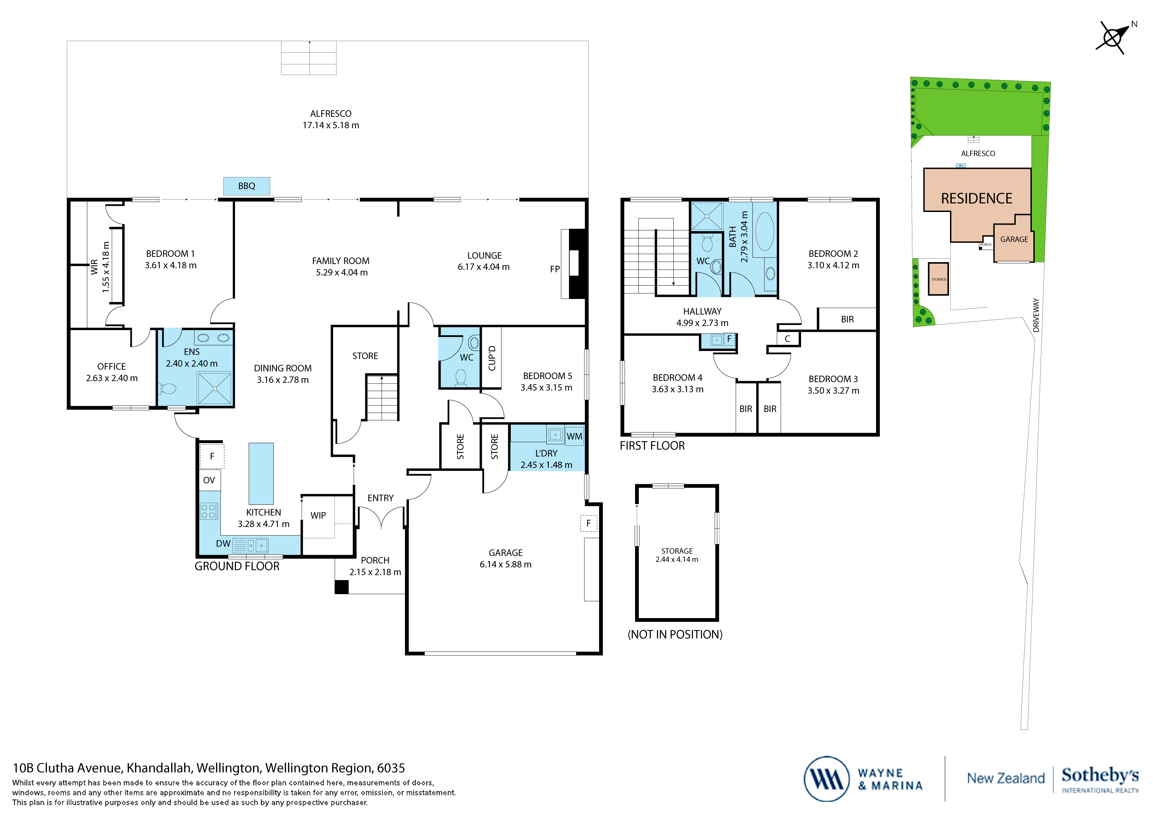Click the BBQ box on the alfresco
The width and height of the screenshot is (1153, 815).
[x=246, y=186]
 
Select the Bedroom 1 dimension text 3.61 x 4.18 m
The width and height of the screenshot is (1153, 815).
[x=171, y=265]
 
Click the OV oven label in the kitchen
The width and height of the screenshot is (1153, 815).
[x=209, y=480]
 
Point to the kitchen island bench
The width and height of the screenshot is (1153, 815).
[x=261, y=473]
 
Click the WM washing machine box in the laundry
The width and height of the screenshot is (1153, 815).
[x=574, y=436]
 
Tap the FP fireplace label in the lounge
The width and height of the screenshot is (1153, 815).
[x=554, y=269]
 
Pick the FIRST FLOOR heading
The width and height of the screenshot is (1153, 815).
[x=652, y=446]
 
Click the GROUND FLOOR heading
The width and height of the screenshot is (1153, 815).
[x=237, y=566]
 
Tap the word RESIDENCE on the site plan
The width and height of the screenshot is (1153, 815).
[x=976, y=199]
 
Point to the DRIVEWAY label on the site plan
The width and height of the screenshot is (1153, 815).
[x=1036, y=315]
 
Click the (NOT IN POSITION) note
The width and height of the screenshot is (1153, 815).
[x=675, y=635]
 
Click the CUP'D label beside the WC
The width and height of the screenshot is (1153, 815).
[x=492, y=358]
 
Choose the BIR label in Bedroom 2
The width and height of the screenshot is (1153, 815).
[x=847, y=319]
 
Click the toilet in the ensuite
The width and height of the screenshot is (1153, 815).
[x=168, y=388]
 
